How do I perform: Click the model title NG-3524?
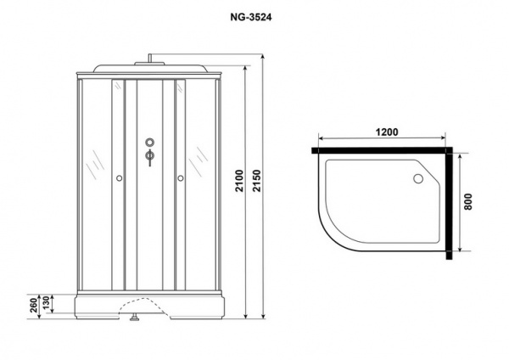coord(250,17)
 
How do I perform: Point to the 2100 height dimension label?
coord(239,181)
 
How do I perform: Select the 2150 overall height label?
coord(257,181)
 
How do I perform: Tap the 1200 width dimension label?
coord(387,132)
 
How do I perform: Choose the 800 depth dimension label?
coord(467,201)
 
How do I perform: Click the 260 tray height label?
coord(34,306)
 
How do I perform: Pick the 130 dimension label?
coord(46,303)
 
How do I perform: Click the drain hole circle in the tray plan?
coord(417,178)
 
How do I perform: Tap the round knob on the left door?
coord(119,178)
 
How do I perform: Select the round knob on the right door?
coord(181,178)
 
